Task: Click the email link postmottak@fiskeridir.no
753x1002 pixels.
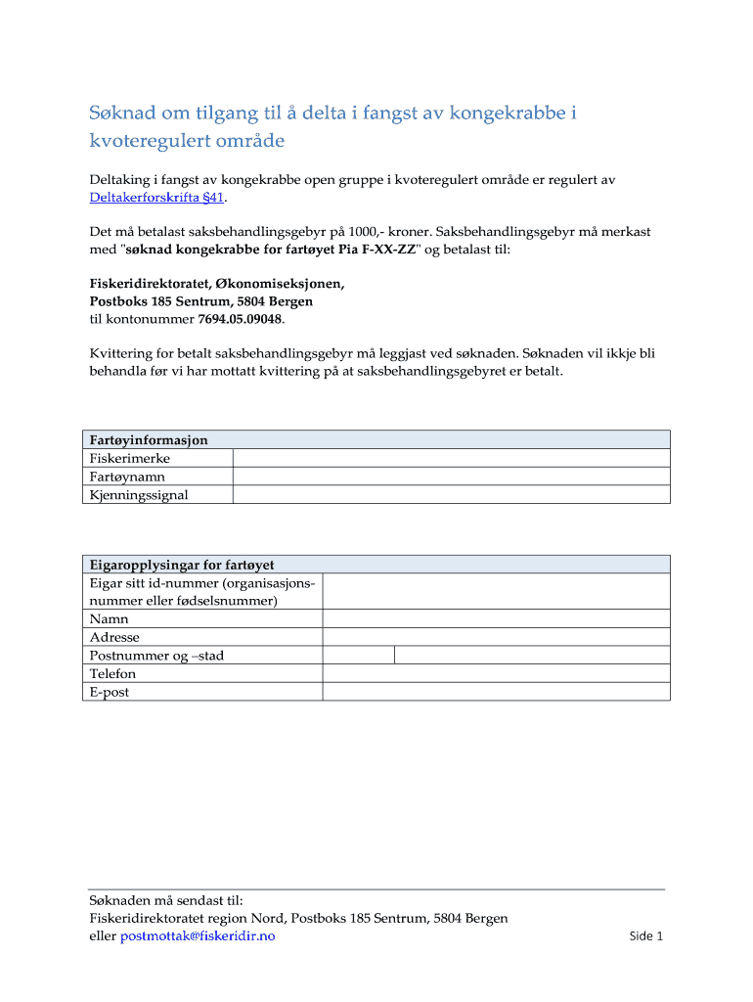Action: coord(198,936)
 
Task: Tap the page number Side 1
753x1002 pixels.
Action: coord(646,936)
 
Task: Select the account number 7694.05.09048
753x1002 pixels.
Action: coord(240,319)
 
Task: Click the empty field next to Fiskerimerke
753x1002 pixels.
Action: coord(451,458)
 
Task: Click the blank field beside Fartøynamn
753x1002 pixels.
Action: coord(451,477)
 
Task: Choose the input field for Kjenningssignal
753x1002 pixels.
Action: coord(451,495)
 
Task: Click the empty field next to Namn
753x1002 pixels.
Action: coord(496,618)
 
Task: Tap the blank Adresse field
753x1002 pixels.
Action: coord(496,637)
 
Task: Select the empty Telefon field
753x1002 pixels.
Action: coord(496,674)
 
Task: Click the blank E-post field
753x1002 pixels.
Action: coord(496,692)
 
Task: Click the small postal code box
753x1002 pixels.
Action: coord(359,656)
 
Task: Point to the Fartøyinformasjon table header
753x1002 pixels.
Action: coord(149,440)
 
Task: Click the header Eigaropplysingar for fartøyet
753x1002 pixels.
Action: coord(182,565)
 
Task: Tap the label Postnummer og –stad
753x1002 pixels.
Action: coord(156,656)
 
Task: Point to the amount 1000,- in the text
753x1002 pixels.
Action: coord(374,232)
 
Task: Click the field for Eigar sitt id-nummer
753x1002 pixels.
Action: coord(496,591)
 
